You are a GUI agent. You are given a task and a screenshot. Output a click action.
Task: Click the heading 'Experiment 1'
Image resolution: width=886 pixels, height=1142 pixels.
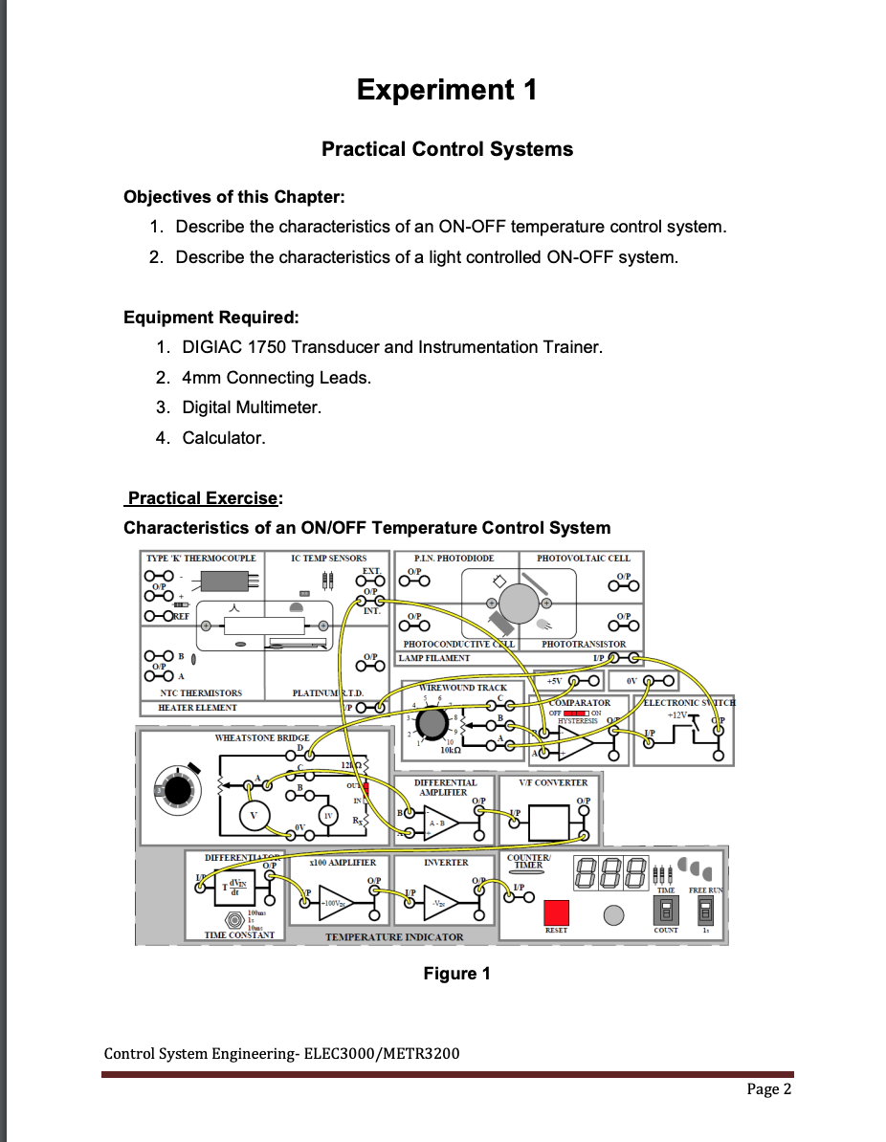point(446,90)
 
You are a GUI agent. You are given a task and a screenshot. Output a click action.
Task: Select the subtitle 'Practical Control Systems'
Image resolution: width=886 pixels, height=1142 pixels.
point(447,149)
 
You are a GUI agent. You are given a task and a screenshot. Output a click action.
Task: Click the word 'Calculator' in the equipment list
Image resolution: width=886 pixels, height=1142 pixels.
point(222,438)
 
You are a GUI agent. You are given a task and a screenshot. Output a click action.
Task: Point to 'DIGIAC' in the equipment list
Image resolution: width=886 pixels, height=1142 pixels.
point(213,347)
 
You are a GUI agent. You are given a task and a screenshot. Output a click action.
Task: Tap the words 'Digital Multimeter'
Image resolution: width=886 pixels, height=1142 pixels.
point(251,407)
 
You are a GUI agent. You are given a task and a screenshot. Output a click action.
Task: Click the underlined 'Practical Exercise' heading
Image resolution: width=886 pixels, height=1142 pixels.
point(204,498)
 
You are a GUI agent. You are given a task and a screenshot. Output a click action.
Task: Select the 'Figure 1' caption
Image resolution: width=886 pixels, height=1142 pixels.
point(456,974)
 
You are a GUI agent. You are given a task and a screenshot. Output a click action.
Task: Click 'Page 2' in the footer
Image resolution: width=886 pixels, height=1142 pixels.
point(768,1088)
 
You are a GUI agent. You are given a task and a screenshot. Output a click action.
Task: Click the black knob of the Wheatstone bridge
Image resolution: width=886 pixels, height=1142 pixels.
point(177,791)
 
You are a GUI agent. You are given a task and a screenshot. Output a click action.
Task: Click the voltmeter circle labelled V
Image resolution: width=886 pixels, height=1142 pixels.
point(254,816)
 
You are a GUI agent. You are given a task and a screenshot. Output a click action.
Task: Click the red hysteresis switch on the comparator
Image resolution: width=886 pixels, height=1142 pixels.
point(577,713)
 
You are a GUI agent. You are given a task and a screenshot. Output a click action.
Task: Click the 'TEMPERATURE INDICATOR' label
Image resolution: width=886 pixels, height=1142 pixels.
point(393,937)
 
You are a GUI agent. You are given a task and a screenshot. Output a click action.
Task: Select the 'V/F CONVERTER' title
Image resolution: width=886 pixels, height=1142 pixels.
point(553,782)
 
